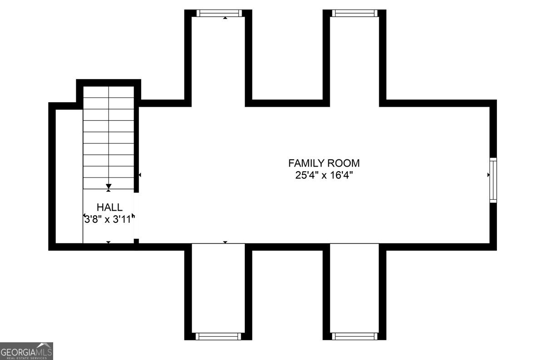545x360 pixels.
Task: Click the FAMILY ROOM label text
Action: click(324, 163)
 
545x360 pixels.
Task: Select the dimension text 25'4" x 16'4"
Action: click(324, 175)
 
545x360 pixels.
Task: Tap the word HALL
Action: click(109, 207)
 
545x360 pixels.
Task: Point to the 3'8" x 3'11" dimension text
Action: click(109, 219)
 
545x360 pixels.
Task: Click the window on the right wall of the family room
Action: click(493, 180)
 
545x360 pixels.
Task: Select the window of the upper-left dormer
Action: click(218, 13)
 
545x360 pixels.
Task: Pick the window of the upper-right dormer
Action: click(354, 13)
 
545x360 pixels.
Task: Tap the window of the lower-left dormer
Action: click(218, 336)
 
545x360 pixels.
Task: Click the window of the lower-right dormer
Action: click(354, 336)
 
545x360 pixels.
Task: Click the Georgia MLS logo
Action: click(26, 351)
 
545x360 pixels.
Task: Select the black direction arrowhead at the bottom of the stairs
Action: click(109, 186)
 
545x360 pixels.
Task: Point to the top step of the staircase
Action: click(109, 92)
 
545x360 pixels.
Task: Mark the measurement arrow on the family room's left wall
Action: click(140, 175)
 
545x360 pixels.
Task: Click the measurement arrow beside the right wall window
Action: click(488, 175)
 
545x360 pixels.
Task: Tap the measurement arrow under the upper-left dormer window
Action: click(225, 18)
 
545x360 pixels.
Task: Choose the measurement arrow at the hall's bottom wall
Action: click(109, 242)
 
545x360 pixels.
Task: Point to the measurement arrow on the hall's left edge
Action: click(84, 216)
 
